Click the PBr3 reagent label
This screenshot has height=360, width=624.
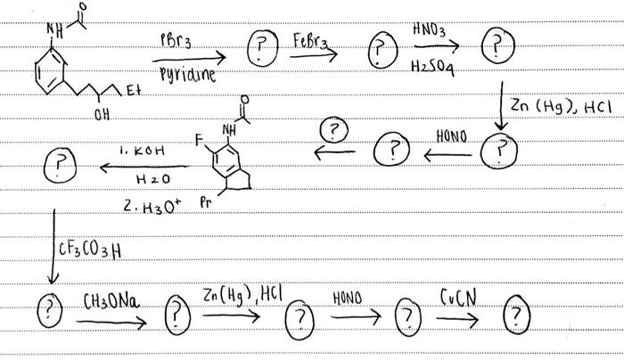(x=177, y=41)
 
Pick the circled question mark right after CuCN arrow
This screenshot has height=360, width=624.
(x=519, y=316)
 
